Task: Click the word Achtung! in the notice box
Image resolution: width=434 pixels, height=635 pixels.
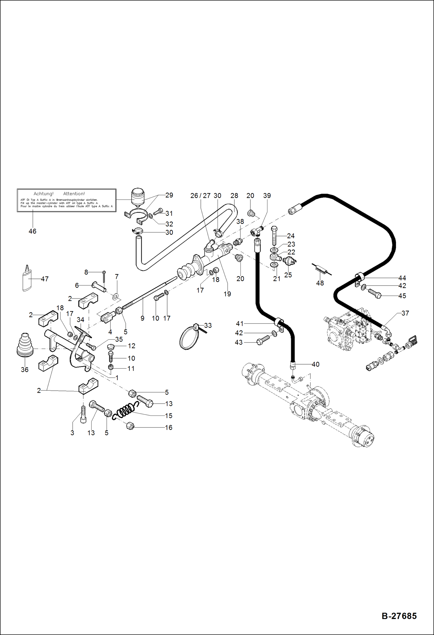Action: tap(43, 194)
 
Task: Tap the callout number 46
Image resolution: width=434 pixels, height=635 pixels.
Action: tap(32, 231)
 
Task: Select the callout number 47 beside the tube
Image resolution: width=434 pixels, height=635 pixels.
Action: tap(45, 279)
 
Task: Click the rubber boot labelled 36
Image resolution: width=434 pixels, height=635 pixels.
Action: tap(25, 346)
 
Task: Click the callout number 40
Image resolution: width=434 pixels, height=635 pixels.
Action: tap(316, 364)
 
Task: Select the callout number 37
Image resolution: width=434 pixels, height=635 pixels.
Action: tap(405, 313)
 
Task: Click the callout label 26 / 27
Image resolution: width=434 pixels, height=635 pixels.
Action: tap(200, 196)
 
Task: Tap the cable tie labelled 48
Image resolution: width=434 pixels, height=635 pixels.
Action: tap(321, 270)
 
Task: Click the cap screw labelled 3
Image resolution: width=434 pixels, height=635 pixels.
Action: tap(83, 414)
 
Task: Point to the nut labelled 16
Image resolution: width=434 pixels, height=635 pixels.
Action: tap(130, 426)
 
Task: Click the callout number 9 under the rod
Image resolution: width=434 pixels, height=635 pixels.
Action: tap(142, 318)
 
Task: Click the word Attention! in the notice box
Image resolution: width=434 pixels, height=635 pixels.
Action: tap(74, 194)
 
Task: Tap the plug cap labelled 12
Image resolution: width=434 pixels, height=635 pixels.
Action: tap(111, 347)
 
